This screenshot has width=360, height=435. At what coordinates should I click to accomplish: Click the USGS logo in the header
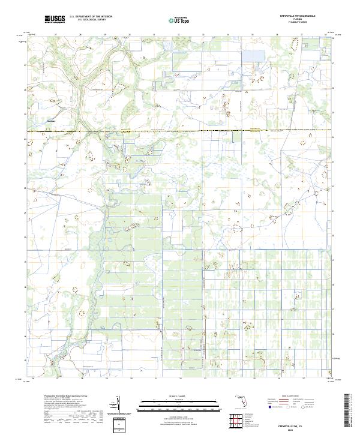tap(54, 20)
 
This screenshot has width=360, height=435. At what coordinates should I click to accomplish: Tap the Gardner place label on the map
tap(51, 119)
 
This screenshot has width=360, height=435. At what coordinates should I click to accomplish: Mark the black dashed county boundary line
tap(180, 130)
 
